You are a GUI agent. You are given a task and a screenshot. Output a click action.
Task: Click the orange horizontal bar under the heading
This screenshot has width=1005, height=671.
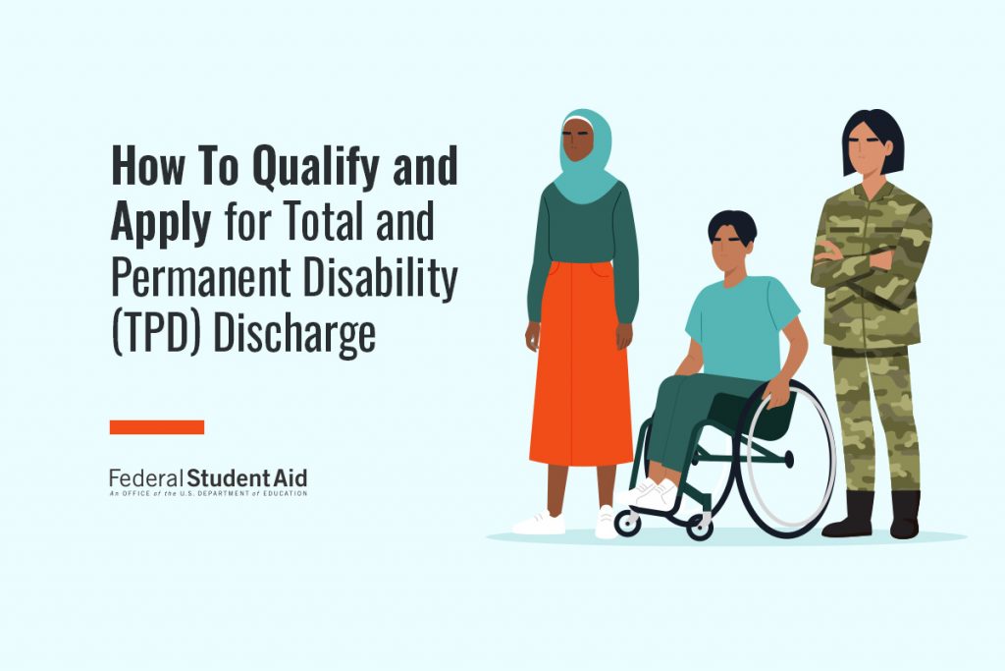click(157, 427)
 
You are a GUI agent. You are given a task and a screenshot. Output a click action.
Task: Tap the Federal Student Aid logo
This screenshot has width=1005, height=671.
click(208, 481)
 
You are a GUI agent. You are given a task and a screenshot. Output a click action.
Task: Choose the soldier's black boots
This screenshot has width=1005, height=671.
click(873, 516)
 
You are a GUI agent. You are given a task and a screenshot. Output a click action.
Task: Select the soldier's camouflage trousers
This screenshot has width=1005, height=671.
click(874, 413)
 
